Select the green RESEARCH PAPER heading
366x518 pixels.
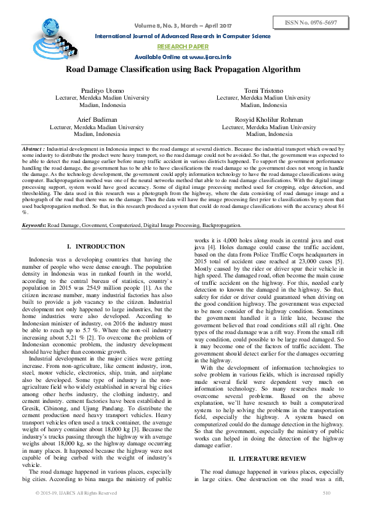click(183, 46)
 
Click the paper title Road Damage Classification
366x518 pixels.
click(183, 69)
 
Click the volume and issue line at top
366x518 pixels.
click(183, 26)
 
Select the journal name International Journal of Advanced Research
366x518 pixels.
click(183, 36)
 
